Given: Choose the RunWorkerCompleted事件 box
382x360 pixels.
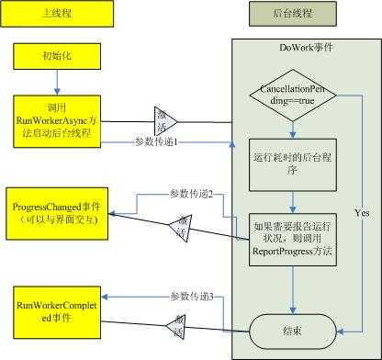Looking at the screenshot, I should (x=57, y=305).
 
